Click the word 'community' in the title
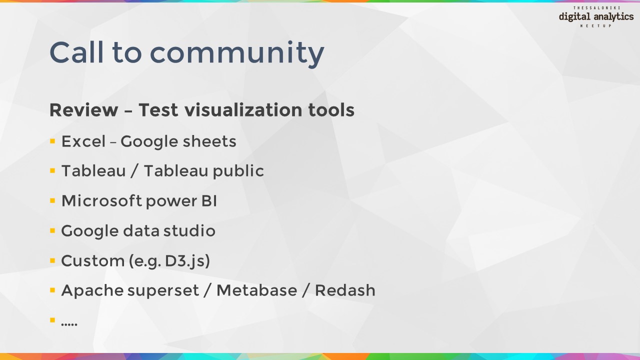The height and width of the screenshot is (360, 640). click(x=237, y=53)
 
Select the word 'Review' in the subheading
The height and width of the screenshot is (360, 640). click(x=83, y=109)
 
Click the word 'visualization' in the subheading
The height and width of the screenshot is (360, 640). click(x=243, y=109)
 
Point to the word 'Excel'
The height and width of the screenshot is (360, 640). click(x=83, y=141)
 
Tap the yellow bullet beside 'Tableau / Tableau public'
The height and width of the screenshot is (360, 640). click(x=52, y=171)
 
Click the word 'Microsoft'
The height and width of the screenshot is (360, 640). click(x=101, y=200)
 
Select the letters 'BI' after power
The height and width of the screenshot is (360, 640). click(x=209, y=201)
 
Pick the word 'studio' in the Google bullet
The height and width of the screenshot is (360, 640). click(x=189, y=230)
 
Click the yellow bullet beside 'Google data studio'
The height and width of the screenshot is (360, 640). click(x=52, y=230)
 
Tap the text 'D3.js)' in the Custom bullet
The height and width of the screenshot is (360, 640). click(x=187, y=261)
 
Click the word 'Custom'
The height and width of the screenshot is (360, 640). click(x=93, y=260)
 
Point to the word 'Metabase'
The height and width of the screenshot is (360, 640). click(x=257, y=290)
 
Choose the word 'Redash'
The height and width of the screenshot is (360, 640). click(x=345, y=290)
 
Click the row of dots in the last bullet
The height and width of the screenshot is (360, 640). click(x=69, y=324)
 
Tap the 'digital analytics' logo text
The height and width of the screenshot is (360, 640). click(x=596, y=17)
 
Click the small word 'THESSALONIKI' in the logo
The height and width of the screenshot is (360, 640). click(x=596, y=8)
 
